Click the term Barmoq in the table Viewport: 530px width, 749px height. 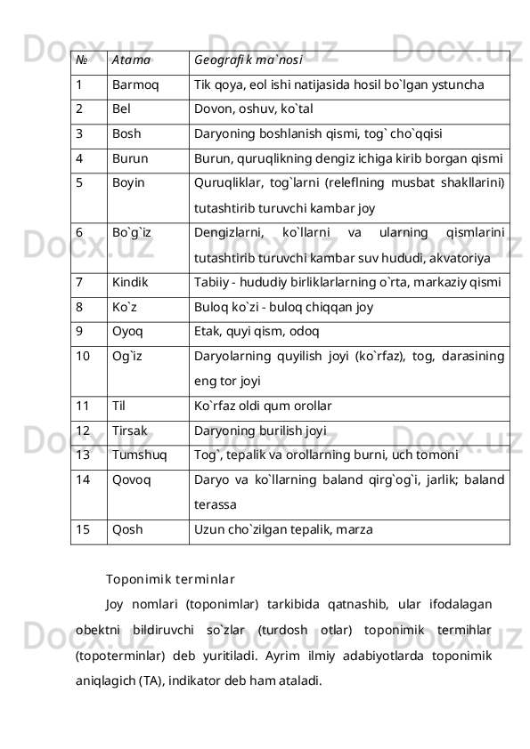[x=136, y=87]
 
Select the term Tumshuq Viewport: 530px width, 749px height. [x=139, y=455]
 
